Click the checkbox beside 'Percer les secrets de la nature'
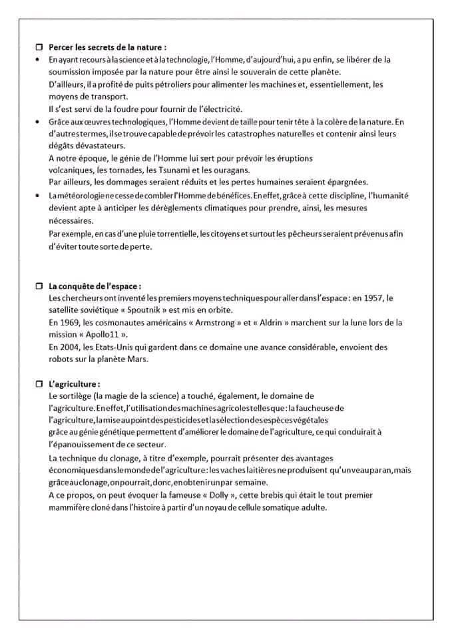[39, 48]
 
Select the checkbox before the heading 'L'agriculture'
[39, 384]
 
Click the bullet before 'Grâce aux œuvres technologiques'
[37, 122]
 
